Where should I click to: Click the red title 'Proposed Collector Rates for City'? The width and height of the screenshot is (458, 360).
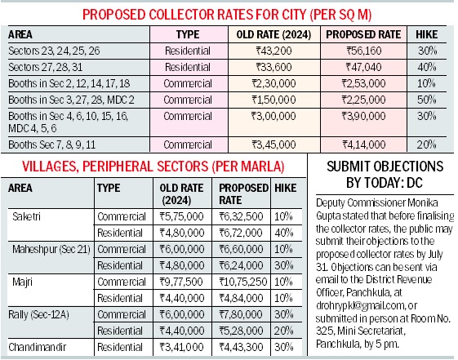[x=227, y=15]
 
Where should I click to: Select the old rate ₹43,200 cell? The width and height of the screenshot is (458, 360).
[x=273, y=51]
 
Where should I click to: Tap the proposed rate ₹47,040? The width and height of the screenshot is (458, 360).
[x=363, y=67]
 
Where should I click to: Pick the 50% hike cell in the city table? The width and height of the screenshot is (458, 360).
[x=427, y=100]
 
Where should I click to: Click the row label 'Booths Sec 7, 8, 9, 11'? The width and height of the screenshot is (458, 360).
[x=52, y=144]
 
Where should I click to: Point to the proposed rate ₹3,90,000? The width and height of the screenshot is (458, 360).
[x=363, y=116]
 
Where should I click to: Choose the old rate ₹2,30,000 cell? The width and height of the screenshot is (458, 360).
[x=273, y=83]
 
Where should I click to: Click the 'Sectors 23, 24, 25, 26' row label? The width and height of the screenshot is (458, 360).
[x=54, y=51]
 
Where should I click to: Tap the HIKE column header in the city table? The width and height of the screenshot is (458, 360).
[x=427, y=34]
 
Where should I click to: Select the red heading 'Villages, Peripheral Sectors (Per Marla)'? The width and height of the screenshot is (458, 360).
[x=153, y=167]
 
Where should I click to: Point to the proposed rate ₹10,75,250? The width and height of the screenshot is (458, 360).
[x=243, y=282]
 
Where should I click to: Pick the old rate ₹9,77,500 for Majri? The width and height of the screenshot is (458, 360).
[x=181, y=282]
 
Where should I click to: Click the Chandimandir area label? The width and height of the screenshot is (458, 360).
[x=38, y=347]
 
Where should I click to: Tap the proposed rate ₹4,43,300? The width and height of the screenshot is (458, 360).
[x=241, y=347]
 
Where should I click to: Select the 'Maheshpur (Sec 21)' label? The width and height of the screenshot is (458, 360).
[x=51, y=249]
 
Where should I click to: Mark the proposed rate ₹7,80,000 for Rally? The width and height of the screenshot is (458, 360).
[x=241, y=314]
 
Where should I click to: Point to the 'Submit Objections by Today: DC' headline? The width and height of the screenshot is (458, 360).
[x=385, y=175]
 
